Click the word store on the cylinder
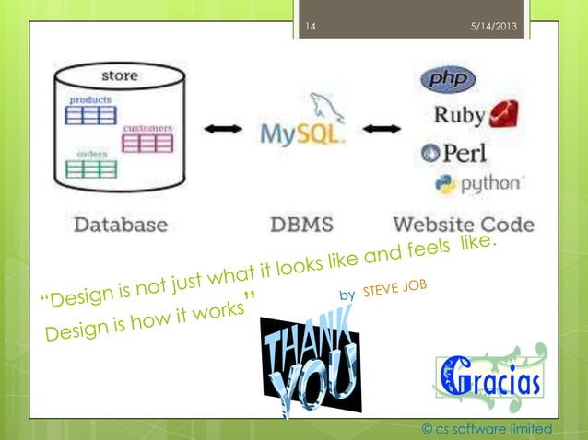(120, 75)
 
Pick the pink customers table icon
(147, 142)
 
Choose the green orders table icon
(90, 168)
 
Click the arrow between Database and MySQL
(224, 130)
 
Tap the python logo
(477, 183)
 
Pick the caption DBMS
(302, 224)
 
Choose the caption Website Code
(463, 224)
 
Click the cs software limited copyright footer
(486, 429)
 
